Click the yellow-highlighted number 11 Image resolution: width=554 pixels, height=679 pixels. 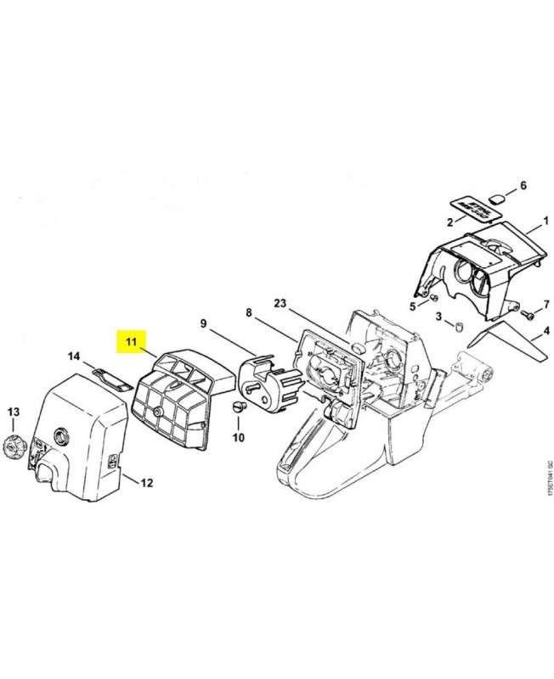pyautogui.click(x=132, y=342)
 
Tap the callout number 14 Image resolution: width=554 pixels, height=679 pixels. pyautogui.click(x=74, y=356)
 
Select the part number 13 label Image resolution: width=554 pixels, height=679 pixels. pyautogui.click(x=13, y=412)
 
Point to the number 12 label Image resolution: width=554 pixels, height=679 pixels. pyautogui.click(x=146, y=483)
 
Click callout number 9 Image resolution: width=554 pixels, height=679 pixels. pyautogui.click(x=204, y=323)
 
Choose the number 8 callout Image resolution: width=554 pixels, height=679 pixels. pyautogui.click(x=249, y=313)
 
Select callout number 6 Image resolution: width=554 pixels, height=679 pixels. pyautogui.click(x=523, y=185)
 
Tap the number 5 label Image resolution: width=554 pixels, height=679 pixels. pyautogui.click(x=412, y=306)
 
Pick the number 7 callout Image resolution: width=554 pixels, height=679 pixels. pyautogui.click(x=547, y=303)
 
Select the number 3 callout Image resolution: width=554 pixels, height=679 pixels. pyautogui.click(x=438, y=316)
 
